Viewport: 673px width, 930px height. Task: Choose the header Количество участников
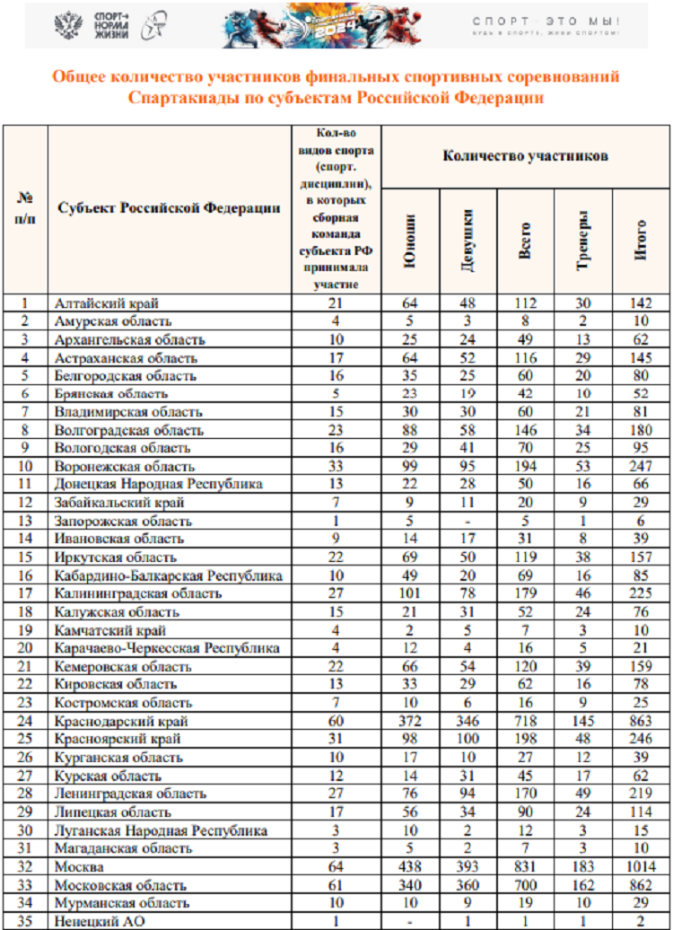tap(525, 156)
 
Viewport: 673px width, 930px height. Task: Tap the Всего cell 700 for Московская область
tap(525, 884)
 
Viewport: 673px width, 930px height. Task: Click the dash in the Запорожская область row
tap(467, 522)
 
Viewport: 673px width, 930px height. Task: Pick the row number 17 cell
tap(25, 593)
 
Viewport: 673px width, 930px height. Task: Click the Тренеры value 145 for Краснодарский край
tap(582, 721)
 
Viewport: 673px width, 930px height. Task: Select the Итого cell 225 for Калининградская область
tap(641, 593)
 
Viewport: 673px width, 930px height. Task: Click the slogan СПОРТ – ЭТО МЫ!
tap(546, 21)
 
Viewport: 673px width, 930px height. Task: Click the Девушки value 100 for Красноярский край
tap(467, 740)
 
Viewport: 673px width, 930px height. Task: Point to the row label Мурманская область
tap(122, 902)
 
